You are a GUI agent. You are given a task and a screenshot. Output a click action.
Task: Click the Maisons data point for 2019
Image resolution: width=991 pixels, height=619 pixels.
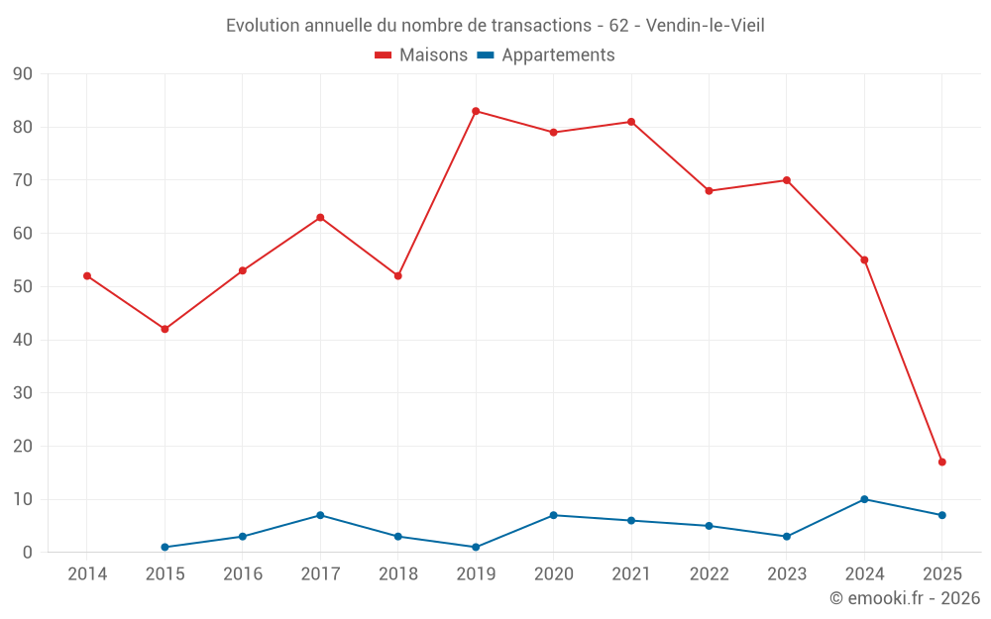coord(476,111)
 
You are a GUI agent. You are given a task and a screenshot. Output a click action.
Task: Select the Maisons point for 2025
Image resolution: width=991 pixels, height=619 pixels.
coord(941,462)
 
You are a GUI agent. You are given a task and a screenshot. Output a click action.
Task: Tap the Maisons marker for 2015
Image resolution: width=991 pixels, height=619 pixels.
coord(165,329)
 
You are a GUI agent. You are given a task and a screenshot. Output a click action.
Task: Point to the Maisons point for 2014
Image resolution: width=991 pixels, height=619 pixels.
coord(87,275)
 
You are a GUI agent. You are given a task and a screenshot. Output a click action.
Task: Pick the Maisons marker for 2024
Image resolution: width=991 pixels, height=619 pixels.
coord(864,259)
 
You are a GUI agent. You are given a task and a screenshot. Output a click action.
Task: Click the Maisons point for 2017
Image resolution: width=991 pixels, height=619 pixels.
coord(320,217)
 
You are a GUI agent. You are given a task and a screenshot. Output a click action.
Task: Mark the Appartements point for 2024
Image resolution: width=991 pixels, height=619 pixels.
coord(864,499)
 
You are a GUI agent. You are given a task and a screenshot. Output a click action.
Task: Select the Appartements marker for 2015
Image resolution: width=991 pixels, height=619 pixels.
coord(165,547)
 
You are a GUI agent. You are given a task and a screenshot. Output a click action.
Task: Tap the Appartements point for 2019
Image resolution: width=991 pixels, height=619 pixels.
coord(476,547)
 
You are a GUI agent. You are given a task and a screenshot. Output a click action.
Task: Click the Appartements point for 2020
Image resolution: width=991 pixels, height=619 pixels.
coord(553,515)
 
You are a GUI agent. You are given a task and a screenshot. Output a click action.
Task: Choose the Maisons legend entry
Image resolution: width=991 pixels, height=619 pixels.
coord(421,55)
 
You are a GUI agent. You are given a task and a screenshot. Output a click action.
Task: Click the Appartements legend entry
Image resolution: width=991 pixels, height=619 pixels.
coord(546,55)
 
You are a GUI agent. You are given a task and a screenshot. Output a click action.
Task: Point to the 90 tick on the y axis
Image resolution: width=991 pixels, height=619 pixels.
coord(22,74)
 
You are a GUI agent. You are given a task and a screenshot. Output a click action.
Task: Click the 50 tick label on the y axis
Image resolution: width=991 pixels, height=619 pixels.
coord(22,287)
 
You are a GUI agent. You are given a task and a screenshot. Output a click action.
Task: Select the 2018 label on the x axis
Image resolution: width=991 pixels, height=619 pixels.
coord(398,574)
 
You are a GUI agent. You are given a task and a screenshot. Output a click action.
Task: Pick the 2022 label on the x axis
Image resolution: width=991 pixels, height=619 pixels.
coord(709,574)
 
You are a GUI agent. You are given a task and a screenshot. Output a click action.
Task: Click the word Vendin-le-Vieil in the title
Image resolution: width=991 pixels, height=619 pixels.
coord(705,26)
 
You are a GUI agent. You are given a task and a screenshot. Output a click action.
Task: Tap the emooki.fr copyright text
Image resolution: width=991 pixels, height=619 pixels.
coord(904,598)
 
